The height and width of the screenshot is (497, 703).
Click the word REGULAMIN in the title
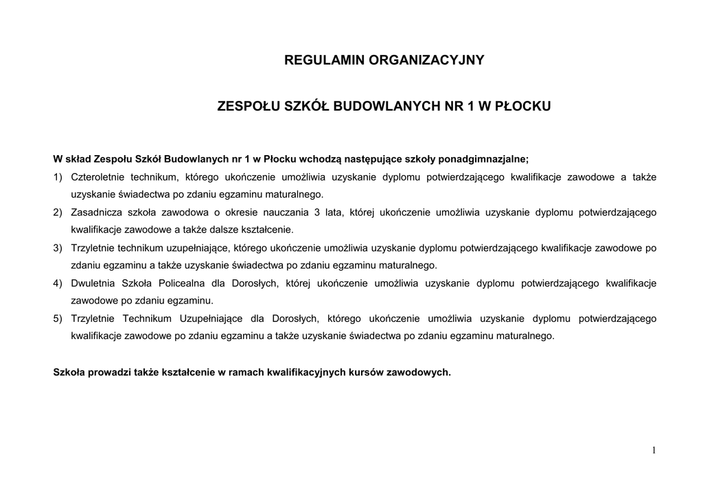point(324,60)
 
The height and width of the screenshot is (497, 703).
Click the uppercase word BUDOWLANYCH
point(379,107)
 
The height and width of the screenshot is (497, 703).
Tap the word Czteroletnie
point(95,177)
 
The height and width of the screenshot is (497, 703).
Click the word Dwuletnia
point(91,283)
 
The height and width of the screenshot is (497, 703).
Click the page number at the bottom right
point(654,450)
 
